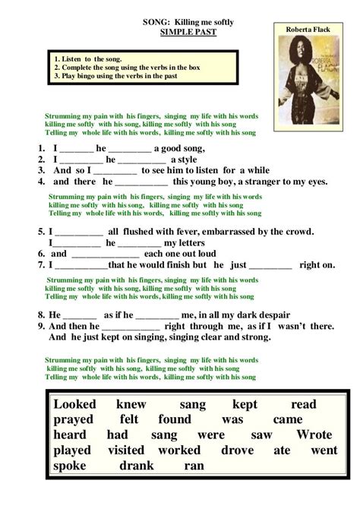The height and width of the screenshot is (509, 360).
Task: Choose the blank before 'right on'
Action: [270, 266]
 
